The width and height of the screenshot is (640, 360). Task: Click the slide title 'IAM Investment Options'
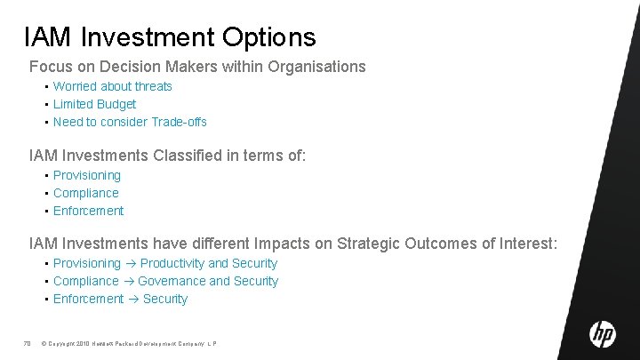pyautogui.click(x=170, y=36)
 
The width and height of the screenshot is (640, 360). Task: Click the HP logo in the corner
pyautogui.click(x=602, y=334)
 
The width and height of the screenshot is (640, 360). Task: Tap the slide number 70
pyautogui.click(x=27, y=342)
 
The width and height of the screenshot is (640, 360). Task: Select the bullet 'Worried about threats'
pyautogui.click(x=112, y=86)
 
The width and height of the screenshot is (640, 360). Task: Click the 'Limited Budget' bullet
pyautogui.click(x=94, y=104)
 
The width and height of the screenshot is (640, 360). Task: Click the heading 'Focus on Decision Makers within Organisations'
pyautogui.click(x=197, y=67)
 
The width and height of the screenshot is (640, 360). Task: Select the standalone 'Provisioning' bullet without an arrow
pyautogui.click(x=86, y=175)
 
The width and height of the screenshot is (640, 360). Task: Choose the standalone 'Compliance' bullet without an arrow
pyautogui.click(x=85, y=193)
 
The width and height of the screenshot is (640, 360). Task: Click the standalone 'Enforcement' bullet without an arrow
pyautogui.click(x=88, y=211)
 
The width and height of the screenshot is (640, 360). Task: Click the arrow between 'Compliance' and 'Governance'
pyautogui.click(x=128, y=282)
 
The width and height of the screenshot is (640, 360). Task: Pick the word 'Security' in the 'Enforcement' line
pyautogui.click(x=165, y=299)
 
